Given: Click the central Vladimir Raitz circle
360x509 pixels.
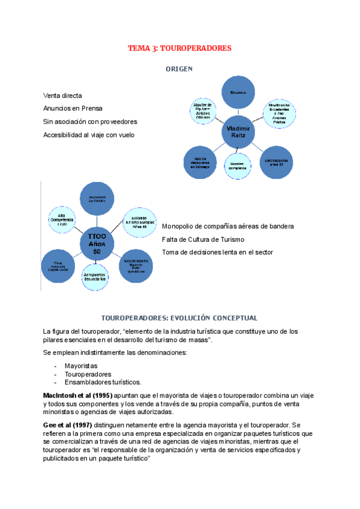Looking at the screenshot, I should click(x=239, y=132).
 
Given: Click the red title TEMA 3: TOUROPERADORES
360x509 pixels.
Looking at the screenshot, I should click(x=180, y=47).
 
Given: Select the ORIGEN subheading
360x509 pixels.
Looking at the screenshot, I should click(x=179, y=69).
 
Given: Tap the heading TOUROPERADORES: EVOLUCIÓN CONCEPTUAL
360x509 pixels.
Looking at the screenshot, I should click(x=179, y=318).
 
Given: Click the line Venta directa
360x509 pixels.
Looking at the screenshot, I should click(x=62, y=95).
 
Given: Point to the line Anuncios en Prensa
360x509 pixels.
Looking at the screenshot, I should click(x=73, y=109).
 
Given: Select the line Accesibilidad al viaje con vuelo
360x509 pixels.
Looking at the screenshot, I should click(x=89, y=135).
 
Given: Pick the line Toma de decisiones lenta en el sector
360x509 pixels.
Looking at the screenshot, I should click(x=217, y=252).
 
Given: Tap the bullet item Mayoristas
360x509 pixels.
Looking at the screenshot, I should click(x=81, y=365).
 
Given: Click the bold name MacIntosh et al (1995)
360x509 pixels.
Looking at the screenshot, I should click(x=77, y=396).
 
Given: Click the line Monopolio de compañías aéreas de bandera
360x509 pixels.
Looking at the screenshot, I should click(x=228, y=226).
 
